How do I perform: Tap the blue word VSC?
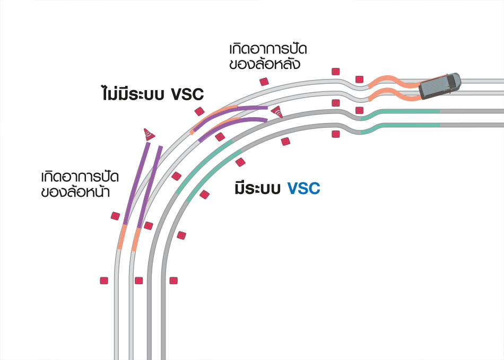pyautogui.click(x=304, y=188)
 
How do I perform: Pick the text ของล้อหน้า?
pyautogui.click(x=75, y=192)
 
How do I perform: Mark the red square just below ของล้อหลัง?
pyautogui.click(x=264, y=81)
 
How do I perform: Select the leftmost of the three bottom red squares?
pyautogui.click(x=104, y=280)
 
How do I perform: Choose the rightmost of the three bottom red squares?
pyautogui.click(x=172, y=280)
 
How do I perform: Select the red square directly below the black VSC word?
pyautogui.click(x=199, y=111)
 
